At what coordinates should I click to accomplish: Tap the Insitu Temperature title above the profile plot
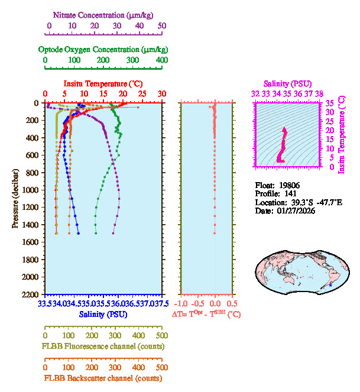pyautogui.click(x=103, y=84)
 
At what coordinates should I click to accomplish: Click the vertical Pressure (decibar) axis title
pyautogui.click(x=16, y=198)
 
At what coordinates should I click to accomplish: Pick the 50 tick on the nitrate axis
pyautogui.click(x=162, y=26)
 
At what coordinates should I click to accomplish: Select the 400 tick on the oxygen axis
pyautogui.click(x=162, y=60)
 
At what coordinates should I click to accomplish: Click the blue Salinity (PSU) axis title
pyautogui.click(x=104, y=315)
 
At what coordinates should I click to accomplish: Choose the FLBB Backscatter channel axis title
pyautogui.click(x=103, y=378)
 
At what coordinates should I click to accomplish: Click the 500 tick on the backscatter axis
pyautogui.click(x=162, y=367)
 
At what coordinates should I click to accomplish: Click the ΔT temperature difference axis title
pyautogui.click(x=206, y=315)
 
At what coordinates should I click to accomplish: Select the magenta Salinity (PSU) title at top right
pyautogui.click(x=287, y=84)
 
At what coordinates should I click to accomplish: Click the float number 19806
pyautogui.click(x=288, y=184)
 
